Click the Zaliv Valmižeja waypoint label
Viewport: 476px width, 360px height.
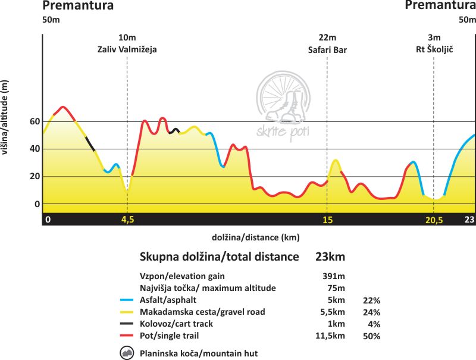(x=127, y=50)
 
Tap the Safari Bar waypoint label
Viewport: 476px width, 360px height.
(x=327, y=50)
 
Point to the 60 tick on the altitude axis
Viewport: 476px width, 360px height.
(x=35, y=121)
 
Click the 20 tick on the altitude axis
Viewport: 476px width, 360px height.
(x=35, y=176)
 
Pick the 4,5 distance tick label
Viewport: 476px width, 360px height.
(x=127, y=220)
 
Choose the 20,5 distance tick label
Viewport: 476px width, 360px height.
(x=434, y=220)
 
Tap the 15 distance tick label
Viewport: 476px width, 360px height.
(x=327, y=220)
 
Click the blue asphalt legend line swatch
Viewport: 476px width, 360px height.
(x=128, y=300)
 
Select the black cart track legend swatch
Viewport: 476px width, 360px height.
(x=128, y=324)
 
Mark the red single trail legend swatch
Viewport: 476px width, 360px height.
(x=128, y=336)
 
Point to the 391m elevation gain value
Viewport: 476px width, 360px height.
(x=331, y=276)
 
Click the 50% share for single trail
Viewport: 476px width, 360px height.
(x=371, y=336)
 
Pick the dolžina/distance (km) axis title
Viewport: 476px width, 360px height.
(x=255, y=237)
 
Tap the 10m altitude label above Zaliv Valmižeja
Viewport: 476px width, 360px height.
(x=127, y=38)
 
